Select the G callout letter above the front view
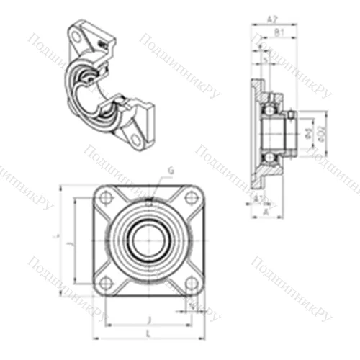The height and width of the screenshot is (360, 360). coord(171,170)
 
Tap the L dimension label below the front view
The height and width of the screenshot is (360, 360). coord(148,334)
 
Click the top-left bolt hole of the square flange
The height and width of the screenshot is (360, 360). coord(106,198)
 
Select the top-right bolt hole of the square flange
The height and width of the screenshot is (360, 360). coord(190,198)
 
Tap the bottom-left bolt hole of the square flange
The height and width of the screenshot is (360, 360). coord(106,283)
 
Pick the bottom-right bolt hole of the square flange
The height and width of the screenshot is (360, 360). coord(190,283)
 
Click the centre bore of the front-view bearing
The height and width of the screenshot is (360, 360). coord(148,240)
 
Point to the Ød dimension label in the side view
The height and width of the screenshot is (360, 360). coord(308,134)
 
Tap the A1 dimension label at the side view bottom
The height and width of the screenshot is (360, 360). coord(257,199)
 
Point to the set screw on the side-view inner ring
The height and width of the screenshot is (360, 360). coord(290,114)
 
